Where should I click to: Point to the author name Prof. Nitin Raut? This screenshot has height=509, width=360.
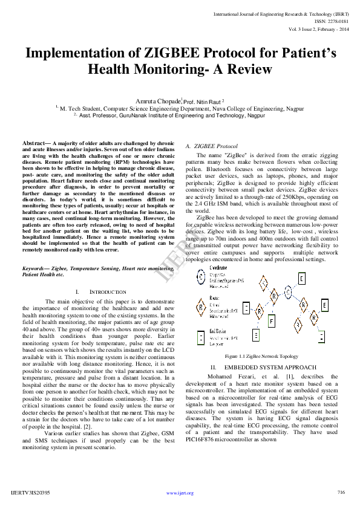pos(203,102)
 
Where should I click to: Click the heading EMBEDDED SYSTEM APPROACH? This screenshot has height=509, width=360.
pos(261,368)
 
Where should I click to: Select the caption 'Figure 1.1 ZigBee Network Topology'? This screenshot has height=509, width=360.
pos(261,357)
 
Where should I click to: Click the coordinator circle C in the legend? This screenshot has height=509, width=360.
pos(200,277)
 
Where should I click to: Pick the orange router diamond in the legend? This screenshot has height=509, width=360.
pos(201,306)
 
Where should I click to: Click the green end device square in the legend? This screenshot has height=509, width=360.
pos(201,335)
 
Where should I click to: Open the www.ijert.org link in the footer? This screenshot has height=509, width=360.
pos(180,493)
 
